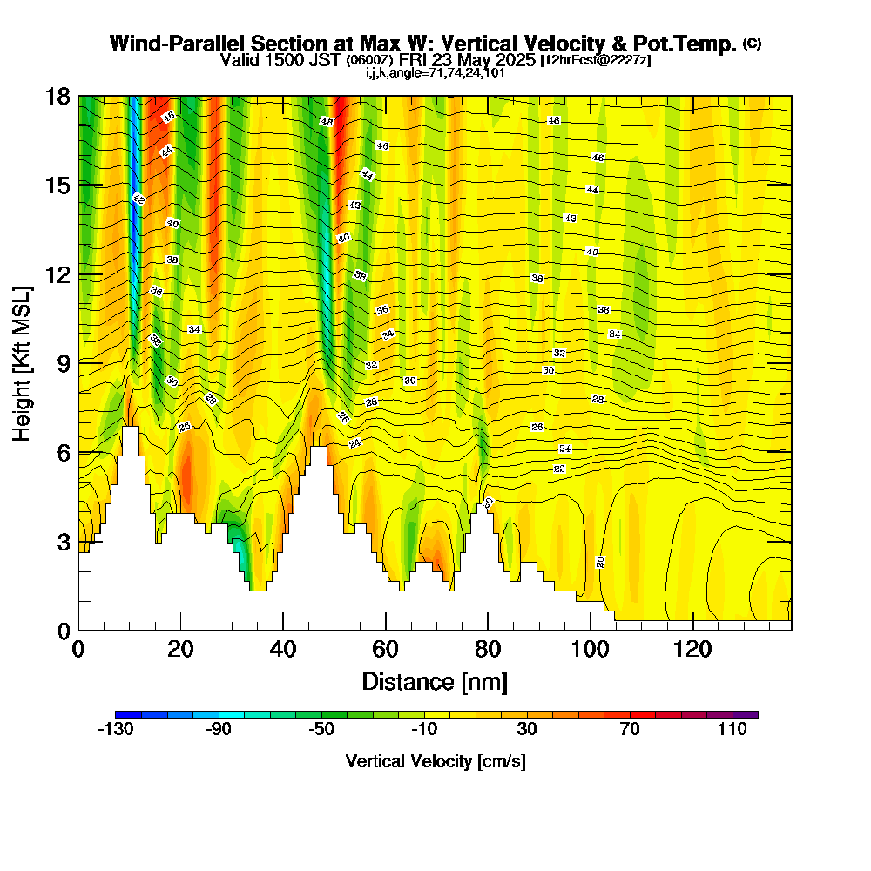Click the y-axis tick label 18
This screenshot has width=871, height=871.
pyautogui.click(x=58, y=96)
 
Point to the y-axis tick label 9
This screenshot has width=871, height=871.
pyautogui.click(x=64, y=362)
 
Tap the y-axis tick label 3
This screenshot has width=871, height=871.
pyautogui.click(x=64, y=541)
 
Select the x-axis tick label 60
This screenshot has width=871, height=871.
pyautogui.click(x=385, y=650)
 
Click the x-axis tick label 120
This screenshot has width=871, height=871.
pyautogui.click(x=692, y=650)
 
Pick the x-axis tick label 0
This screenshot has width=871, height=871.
pyautogui.click(x=78, y=650)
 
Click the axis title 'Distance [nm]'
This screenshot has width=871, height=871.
pyautogui.click(x=435, y=680)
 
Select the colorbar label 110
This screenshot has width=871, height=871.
pyautogui.click(x=733, y=730)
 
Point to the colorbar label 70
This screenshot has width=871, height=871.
pyautogui.click(x=630, y=730)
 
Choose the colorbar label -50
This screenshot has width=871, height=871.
pyautogui.click(x=321, y=730)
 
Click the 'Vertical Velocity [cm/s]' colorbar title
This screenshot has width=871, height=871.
pyautogui.click(x=435, y=761)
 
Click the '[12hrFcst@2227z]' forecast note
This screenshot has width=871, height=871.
pyautogui.click(x=595, y=60)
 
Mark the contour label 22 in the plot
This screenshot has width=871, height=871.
pyautogui.click(x=559, y=469)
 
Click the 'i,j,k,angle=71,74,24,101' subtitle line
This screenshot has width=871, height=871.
pyautogui.click(x=435, y=72)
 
